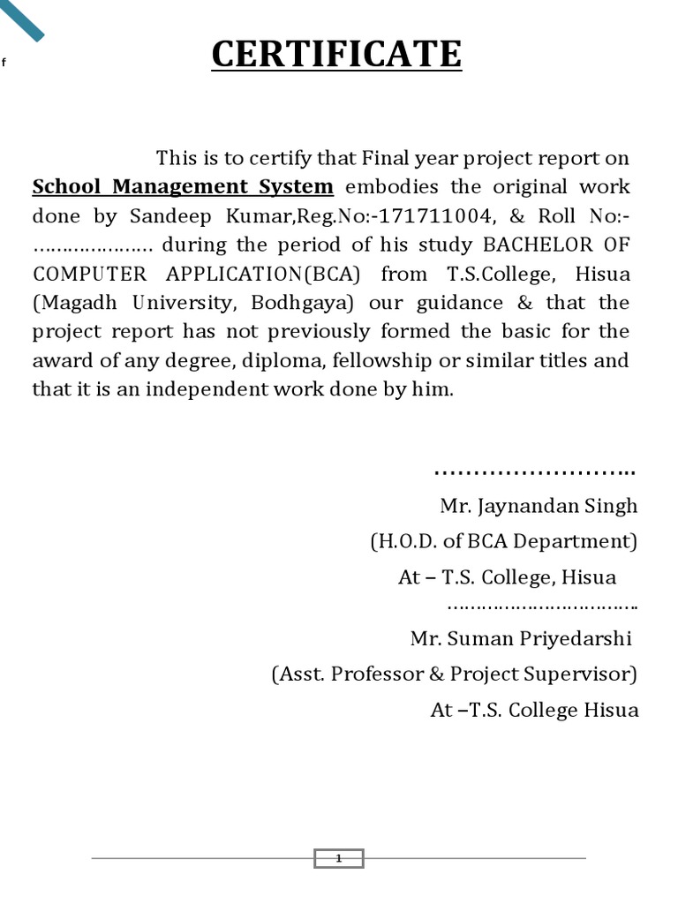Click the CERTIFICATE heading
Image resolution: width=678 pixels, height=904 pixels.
click(336, 54)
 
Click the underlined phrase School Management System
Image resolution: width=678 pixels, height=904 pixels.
click(183, 187)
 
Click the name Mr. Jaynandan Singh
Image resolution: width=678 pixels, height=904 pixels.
click(539, 507)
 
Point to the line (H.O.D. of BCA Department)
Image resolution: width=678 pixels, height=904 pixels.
click(503, 541)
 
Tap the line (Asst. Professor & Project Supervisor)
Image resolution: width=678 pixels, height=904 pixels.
click(454, 674)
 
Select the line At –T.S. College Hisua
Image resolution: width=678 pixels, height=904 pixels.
click(534, 710)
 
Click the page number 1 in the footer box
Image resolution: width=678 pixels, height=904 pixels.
click(338, 858)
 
